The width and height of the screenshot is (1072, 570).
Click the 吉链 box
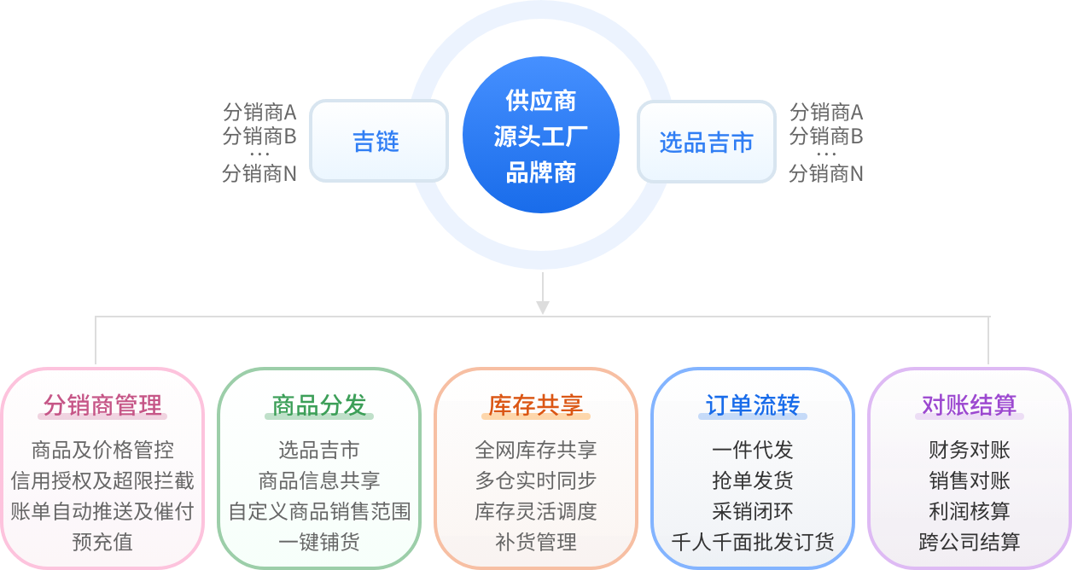pyautogui.click(x=378, y=141)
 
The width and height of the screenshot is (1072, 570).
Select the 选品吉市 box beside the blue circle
pyautogui.click(x=706, y=142)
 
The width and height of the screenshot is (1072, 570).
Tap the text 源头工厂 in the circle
pyautogui.click(x=541, y=137)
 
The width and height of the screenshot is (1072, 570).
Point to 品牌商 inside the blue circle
pyautogui.click(x=541, y=172)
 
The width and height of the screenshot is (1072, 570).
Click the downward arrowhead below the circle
pyautogui.click(x=542, y=306)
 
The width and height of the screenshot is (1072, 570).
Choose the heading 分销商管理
pyautogui.click(x=102, y=405)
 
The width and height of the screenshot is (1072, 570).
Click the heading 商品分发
pyautogui.click(x=319, y=405)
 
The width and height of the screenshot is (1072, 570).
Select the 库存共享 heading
pyautogui.click(x=536, y=405)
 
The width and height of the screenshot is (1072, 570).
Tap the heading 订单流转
pyautogui.click(x=753, y=405)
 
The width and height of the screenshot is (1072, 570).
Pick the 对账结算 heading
pyautogui.click(x=970, y=405)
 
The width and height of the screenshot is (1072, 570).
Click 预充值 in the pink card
pyautogui.click(x=102, y=542)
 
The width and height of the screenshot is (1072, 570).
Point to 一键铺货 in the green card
pyautogui.click(x=319, y=542)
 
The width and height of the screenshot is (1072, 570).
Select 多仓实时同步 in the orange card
pyautogui.click(x=536, y=480)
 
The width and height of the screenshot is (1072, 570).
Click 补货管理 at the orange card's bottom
pyautogui.click(x=536, y=542)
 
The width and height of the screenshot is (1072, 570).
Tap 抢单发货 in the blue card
pyautogui.click(x=753, y=480)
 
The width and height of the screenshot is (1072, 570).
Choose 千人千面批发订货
pyautogui.click(x=753, y=542)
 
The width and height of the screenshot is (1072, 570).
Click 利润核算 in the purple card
pyautogui.click(x=970, y=511)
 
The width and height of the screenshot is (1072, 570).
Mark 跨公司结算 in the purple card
pyautogui.click(x=970, y=542)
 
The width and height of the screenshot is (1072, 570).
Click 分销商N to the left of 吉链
pyautogui.click(x=259, y=174)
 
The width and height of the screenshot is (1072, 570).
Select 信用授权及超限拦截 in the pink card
pyautogui.click(x=102, y=480)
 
